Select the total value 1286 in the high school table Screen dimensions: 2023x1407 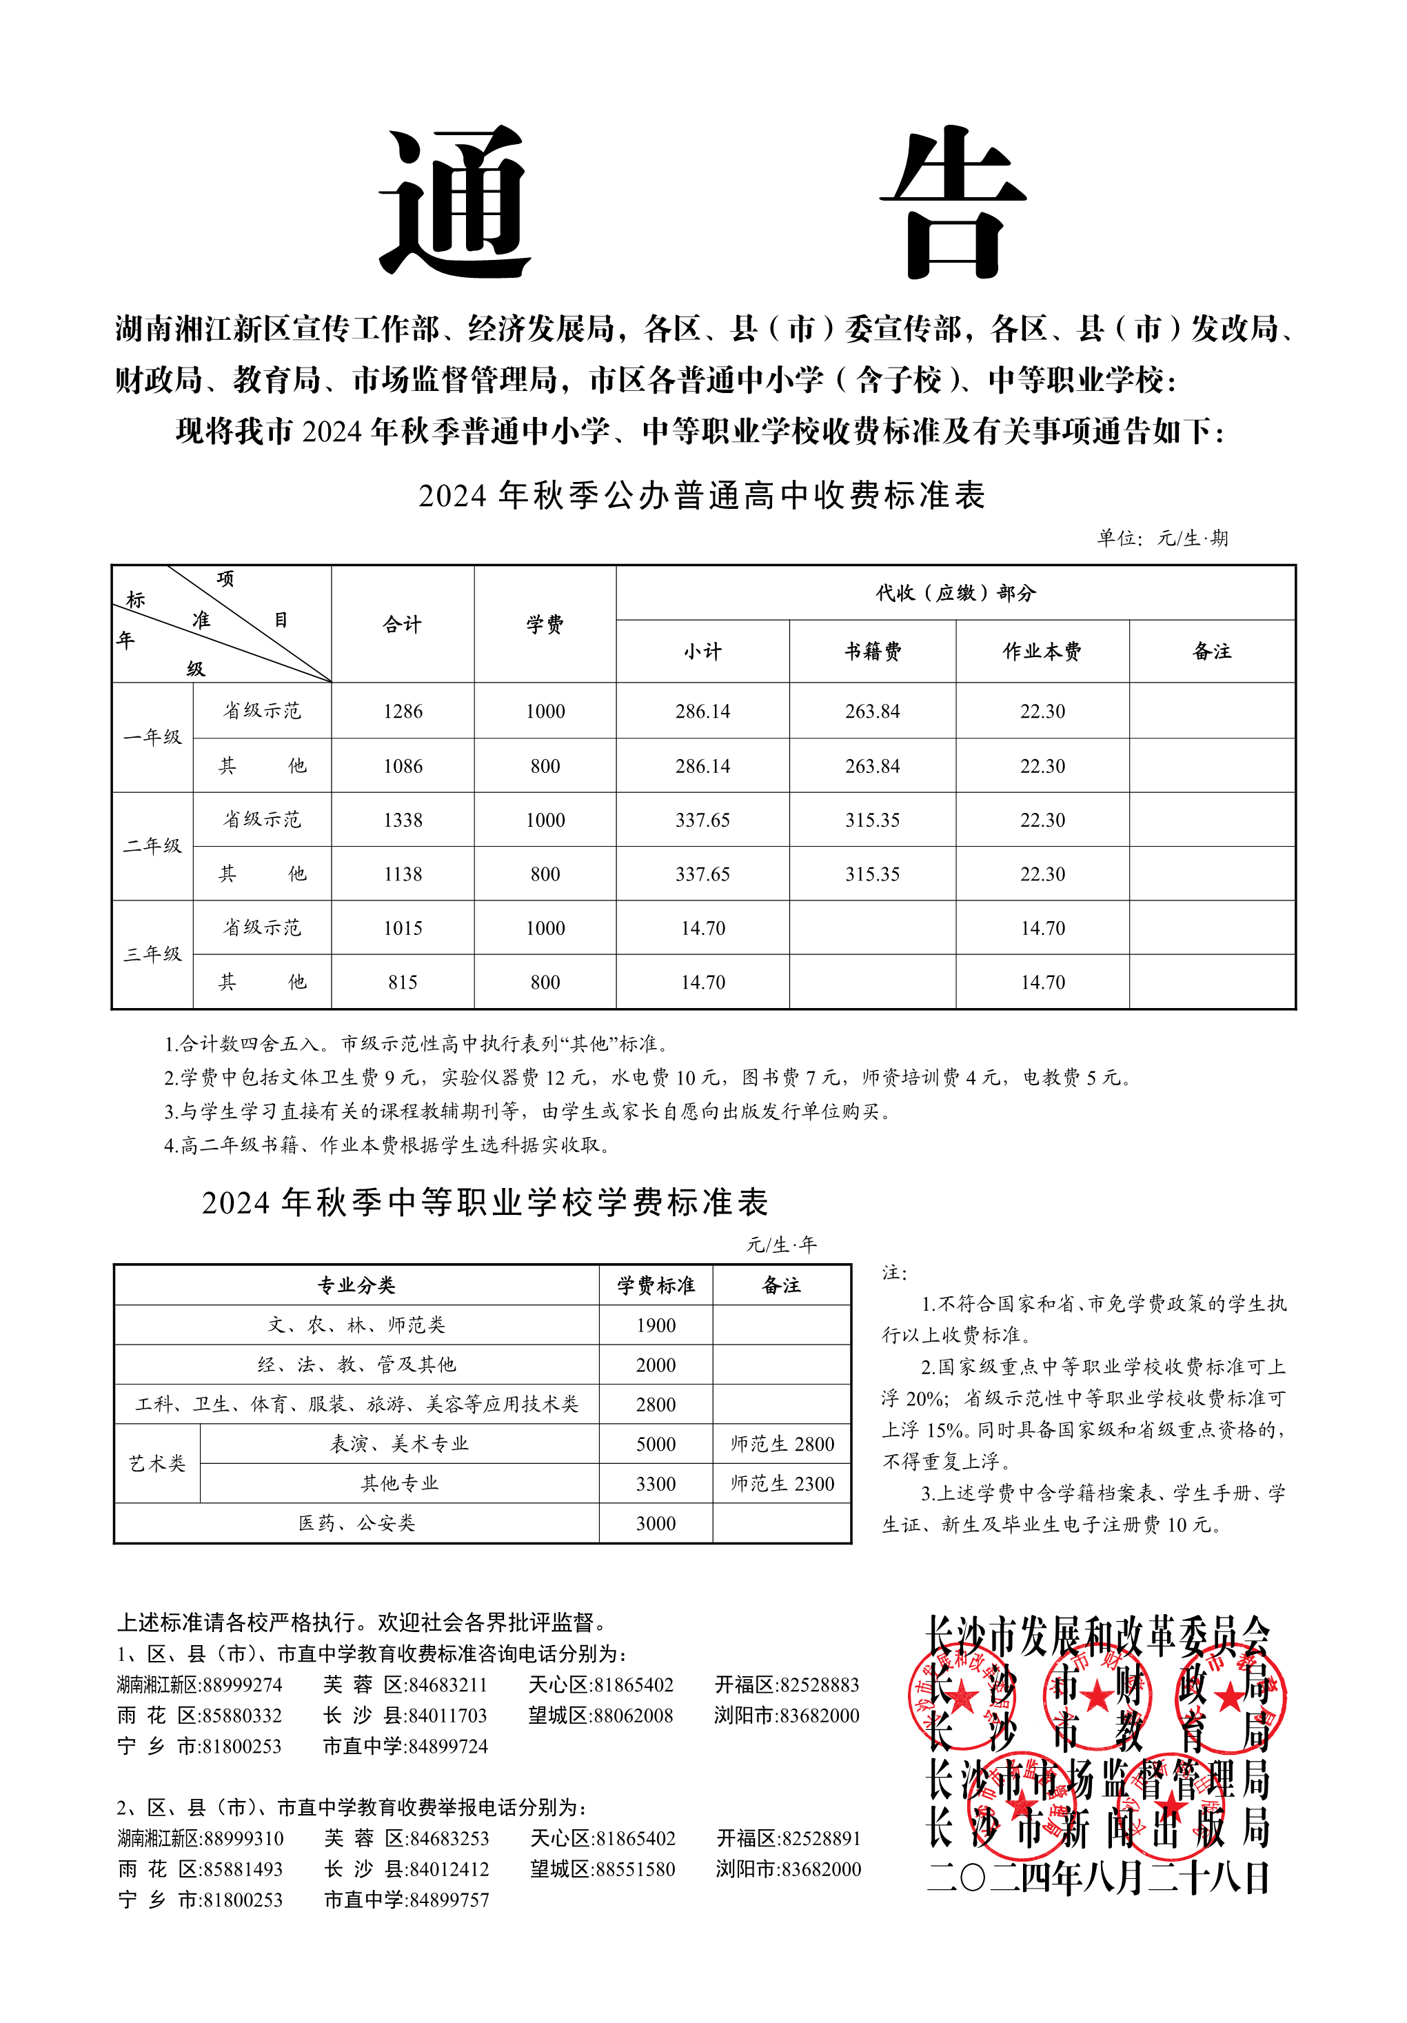pyautogui.click(x=403, y=711)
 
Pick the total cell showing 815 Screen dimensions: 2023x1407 pyautogui.click(x=403, y=983)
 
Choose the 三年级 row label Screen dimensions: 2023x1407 pyautogui.click(x=152, y=954)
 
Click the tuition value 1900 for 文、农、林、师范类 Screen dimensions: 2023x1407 pyautogui.click(x=656, y=1325)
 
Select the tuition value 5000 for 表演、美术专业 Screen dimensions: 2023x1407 pyautogui.click(x=656, y=1444)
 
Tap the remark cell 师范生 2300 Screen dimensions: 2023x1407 pyautogui.click(x=782, y=1484)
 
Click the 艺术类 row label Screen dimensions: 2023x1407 pyautogui.click(x=156, y=1464)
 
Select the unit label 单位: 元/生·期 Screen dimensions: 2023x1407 pyautogui.click(x=1161, y=539)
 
